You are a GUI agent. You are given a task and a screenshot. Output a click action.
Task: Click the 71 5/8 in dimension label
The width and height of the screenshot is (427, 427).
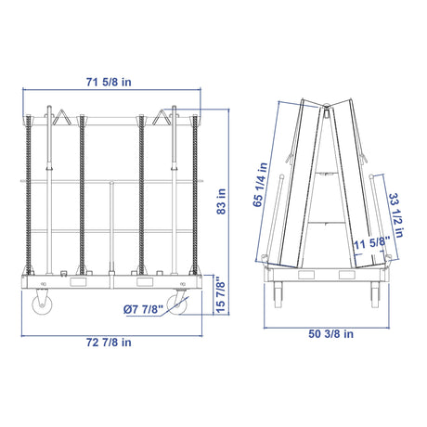pos(109,82)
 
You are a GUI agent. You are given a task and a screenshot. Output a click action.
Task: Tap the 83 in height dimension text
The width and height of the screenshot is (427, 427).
pos(221,201)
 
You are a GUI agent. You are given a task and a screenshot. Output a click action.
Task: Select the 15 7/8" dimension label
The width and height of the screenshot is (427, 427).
pos(220,294)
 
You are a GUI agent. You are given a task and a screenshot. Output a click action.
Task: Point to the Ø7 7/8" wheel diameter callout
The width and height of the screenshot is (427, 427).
pos(143,309)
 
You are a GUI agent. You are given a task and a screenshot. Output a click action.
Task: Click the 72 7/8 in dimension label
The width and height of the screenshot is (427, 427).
pos(109,343)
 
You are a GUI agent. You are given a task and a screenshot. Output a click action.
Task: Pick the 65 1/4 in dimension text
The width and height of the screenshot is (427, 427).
pos(260,185)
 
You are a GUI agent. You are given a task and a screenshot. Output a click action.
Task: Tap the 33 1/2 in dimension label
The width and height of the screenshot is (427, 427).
pos(396,215)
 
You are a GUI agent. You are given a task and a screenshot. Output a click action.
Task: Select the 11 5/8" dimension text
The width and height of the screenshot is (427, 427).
pos(371,242)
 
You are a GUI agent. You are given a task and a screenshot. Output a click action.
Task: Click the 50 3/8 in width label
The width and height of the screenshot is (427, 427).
pos(330,334)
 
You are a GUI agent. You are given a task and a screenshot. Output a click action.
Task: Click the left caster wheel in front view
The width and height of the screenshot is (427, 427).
pos(42,304)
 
